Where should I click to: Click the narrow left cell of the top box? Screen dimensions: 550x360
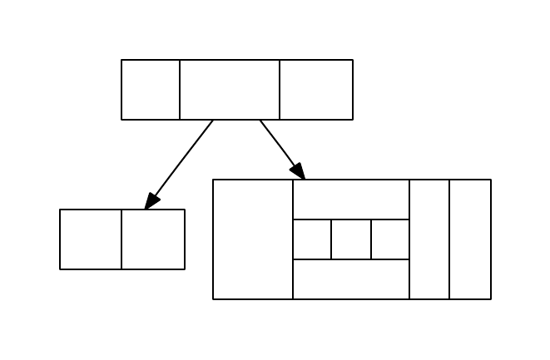click(x=151, y=90)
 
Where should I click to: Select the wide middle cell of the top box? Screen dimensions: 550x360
click(x=230, y=90)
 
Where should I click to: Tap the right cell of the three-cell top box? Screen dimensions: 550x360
click(x=316, y=90)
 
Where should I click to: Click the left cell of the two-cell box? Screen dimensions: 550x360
click(x=91, y=239)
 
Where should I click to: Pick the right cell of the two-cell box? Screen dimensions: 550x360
click(x=153, y=239)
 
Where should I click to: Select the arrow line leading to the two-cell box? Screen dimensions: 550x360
click(x=183, y=159)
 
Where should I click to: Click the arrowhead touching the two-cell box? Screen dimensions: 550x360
click(x=151, y=201)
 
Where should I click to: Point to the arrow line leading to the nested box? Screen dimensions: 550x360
click(x=277, y=143)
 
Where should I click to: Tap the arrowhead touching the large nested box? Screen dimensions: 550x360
click(x=298, y=170)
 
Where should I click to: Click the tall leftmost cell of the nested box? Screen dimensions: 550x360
click(x=253, y=239)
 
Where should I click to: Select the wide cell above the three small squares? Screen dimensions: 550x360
click(x=351, y=200)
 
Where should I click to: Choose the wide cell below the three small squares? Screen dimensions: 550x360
click(x=351, y=279)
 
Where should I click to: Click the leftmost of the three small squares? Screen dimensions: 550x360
click(x=312, y=239)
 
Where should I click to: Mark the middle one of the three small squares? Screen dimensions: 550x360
click(x=351, y=239)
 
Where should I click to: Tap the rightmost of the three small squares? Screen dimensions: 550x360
click(x=390, y=239)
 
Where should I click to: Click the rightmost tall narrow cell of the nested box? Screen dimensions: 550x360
click(x=470, y=239)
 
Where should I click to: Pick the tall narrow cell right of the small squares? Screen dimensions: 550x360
click(x=429, y=239)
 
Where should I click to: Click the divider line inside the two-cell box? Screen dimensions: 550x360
click(x=121, y=239)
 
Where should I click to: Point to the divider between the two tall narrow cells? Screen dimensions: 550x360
click(x=449, y=239)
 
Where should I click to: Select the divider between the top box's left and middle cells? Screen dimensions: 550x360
click(x=180, y=90)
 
